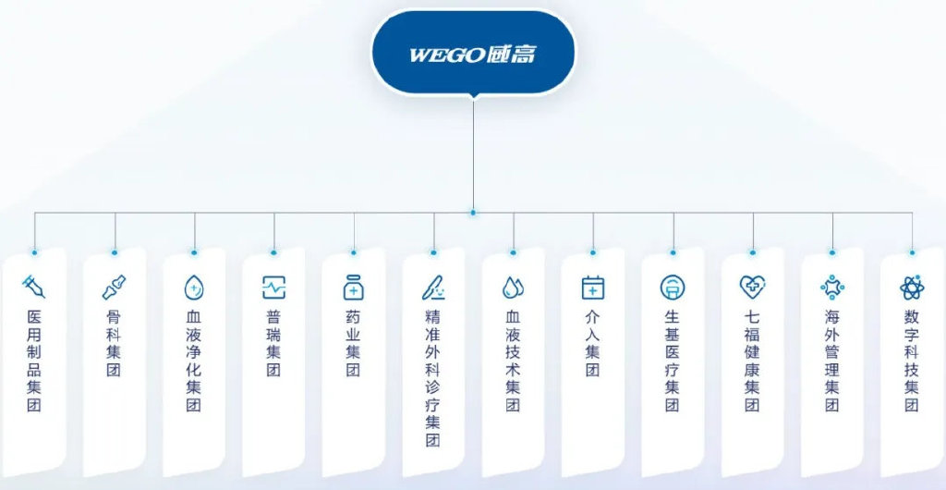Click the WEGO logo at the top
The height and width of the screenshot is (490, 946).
[473, 55]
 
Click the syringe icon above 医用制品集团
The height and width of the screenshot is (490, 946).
[34, 287]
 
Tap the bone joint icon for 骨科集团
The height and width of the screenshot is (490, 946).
[114, 288]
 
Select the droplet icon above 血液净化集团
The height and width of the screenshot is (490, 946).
[194, 288]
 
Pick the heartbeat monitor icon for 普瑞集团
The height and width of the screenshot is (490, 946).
[273, 288]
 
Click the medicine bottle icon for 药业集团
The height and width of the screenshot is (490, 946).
[354, 288]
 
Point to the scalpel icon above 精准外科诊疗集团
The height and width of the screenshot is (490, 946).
[433, 288]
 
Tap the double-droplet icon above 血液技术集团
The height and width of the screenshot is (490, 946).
[513, 288]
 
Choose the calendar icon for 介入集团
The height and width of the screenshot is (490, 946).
[593, 288]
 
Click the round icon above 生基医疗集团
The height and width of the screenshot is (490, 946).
[673, 288]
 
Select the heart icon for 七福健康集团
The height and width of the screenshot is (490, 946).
[752, 288]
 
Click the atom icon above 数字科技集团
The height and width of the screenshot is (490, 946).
[912, 288]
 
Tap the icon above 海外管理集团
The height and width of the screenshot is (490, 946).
[832, 288]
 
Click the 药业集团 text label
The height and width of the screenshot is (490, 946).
[354, 343]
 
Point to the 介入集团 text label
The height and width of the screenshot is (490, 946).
[593, 343]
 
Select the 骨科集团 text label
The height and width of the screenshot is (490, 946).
[114, 343]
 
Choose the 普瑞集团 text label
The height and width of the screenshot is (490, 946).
[273, 343]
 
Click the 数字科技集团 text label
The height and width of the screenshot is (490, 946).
[912, 361]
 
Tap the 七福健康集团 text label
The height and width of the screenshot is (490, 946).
[752, 361]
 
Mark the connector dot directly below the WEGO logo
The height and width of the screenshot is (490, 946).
[473, 213]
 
